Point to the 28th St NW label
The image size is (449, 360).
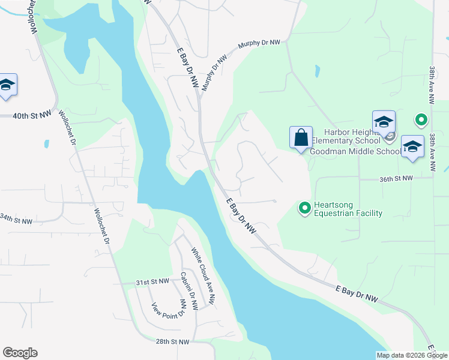[173, 341]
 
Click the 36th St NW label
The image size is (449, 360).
[396, 179]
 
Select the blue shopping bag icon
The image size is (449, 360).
[301, 137]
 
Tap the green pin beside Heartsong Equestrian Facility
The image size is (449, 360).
[304, 208]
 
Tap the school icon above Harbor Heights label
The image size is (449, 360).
[384, 122]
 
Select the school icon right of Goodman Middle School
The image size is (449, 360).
[412, 147]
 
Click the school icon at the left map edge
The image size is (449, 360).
[7, 85]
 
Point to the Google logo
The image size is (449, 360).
[20, 353]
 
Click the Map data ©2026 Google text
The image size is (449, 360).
[412, 355]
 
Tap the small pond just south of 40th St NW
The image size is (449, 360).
[46, 144]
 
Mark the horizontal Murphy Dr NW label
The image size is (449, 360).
[259, 43]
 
